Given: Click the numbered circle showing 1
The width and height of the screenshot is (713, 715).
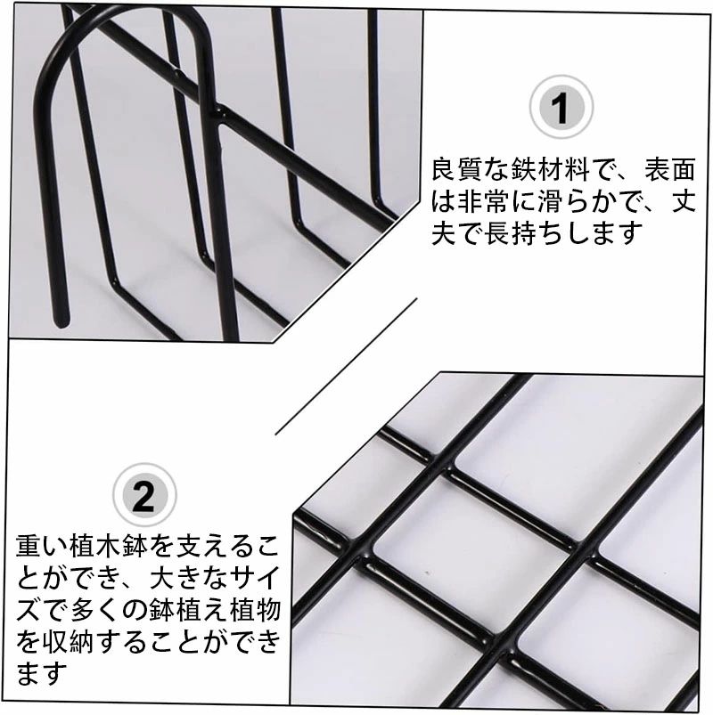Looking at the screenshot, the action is pos(561,108).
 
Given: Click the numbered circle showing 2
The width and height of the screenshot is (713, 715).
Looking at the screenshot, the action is pos(144,495).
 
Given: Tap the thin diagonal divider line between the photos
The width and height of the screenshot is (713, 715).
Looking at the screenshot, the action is pos(347,367).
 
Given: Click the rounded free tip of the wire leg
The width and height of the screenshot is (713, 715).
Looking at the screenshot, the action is pos(61,321).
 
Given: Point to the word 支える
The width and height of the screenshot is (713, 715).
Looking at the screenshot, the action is pos(215,546).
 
